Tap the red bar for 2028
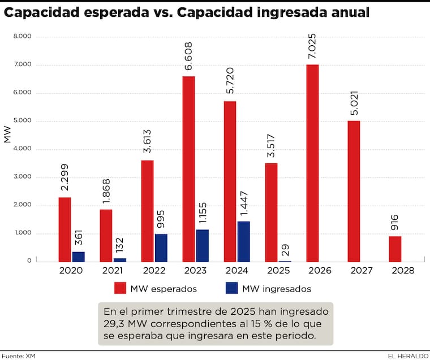coord(395,249)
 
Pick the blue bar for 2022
coord(161,248)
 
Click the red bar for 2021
coord(106,235)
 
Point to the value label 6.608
coord(188,57)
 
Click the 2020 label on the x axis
coord(71,271)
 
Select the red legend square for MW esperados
coord(120,288)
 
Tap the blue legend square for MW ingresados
coord(232,288)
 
